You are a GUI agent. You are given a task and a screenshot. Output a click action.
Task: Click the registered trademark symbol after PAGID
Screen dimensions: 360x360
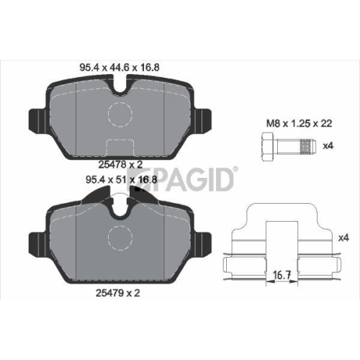click(235, 170)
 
